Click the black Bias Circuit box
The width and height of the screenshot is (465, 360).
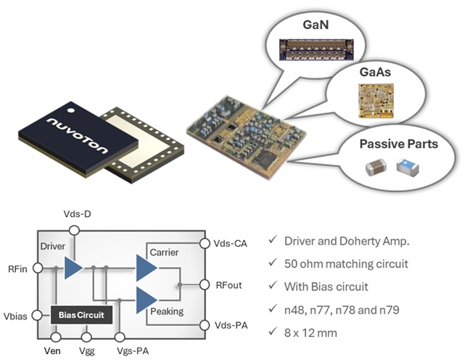point(82,316)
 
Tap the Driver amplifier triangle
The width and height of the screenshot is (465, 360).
point(73,268)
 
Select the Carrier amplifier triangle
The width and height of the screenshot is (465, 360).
point(146,268)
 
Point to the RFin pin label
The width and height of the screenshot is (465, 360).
point(17,268)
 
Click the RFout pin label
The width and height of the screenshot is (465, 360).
point(231,284)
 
